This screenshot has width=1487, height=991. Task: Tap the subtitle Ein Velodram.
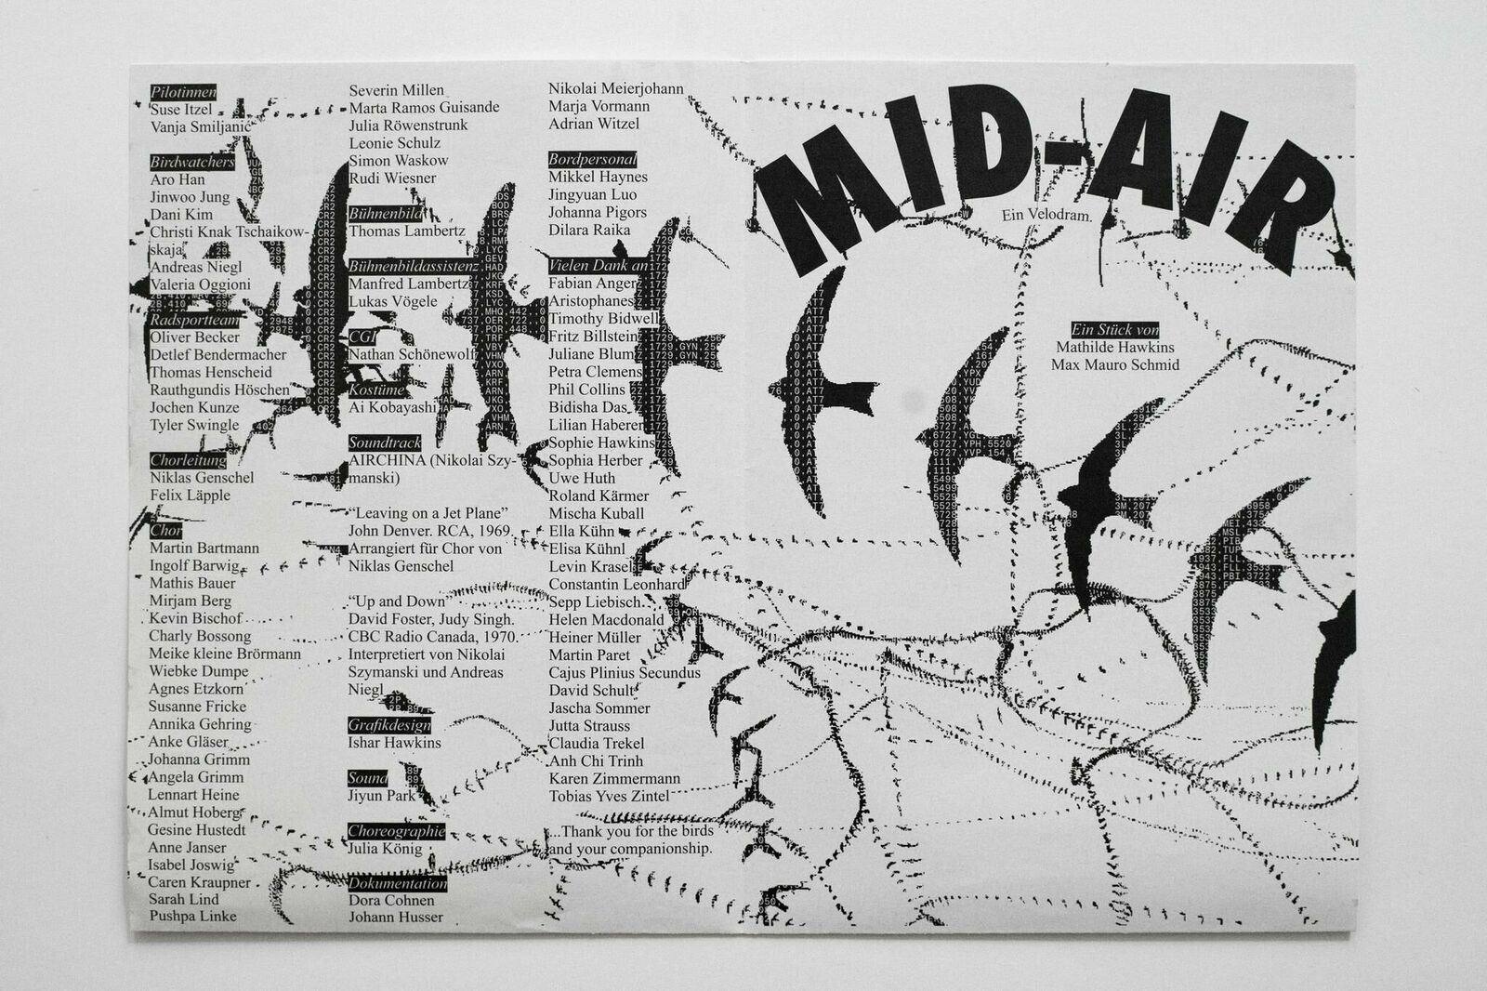point(1045,216)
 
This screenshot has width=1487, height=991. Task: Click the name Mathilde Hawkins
point(1114,347)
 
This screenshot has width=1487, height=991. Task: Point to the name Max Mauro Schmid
point(1114,364)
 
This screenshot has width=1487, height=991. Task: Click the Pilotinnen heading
point(183,92)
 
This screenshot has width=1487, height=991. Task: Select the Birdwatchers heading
point(191,162)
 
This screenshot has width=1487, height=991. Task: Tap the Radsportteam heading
point(194,320)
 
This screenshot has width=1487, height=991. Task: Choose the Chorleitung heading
point(188,460)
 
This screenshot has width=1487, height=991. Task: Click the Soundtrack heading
point(385,443)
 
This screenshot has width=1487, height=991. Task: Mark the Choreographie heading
point(396,830)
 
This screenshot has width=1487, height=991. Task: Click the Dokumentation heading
point(397,883)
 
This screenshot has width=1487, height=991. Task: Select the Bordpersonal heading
point(592,159)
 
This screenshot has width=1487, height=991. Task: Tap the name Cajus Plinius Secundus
point(625,673)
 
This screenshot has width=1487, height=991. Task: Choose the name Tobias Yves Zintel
point(608,796)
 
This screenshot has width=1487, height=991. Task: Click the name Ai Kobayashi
point(392,407)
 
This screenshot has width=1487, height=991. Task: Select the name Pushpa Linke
point(192,917)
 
